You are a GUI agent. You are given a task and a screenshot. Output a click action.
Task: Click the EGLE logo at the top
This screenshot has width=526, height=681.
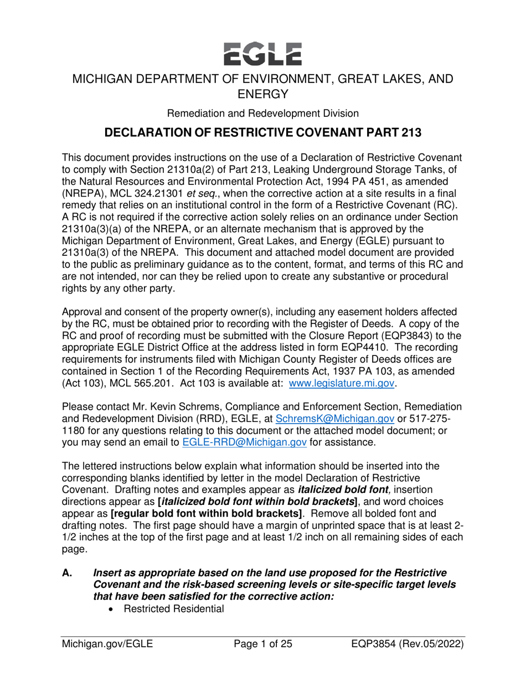(x=263, y=52)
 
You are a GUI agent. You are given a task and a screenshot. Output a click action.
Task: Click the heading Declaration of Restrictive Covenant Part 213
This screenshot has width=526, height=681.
(x=263, y=134)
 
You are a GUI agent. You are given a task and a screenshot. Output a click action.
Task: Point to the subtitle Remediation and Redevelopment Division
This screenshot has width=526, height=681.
(x=263, y=114)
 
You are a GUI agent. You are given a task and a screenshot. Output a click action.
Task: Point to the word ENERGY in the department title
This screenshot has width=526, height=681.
(x=263, y=92)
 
